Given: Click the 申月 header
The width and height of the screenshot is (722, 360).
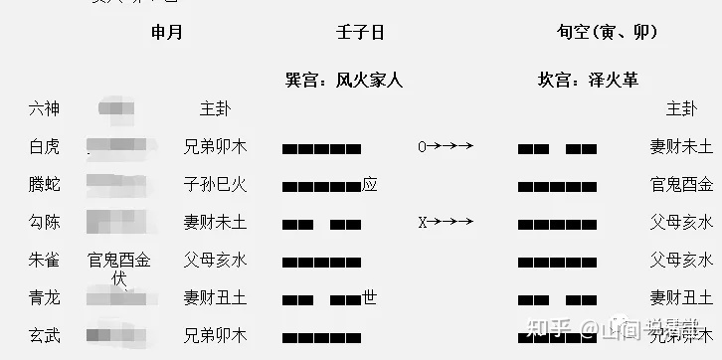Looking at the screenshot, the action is tap(166, 32).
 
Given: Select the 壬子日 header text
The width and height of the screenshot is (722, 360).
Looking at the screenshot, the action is tap(360, 32).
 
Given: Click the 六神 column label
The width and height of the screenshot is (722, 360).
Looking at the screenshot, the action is tap(45, 108).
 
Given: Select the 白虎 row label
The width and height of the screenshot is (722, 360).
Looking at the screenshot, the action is tap(45, 147).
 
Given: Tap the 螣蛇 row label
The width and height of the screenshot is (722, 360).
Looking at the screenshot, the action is tap(45, 184).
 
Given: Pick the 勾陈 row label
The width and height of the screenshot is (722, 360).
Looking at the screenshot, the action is tap(45, 222).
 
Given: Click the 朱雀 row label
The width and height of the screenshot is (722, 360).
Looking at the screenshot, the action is tap(45, 261).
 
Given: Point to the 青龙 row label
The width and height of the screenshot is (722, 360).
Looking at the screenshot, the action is tap(45, 297).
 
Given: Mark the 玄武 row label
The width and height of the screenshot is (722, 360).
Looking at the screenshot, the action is tap(45, 335).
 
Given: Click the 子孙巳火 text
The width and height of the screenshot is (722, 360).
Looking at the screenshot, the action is tap(215, 184).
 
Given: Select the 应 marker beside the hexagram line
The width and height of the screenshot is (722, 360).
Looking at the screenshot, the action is tap(370, 184).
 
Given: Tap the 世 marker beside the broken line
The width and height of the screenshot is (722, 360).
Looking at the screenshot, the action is tap(370, 296).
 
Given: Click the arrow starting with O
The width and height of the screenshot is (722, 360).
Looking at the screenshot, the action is tap(445, 147).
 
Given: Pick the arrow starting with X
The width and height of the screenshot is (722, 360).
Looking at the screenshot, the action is tap(445, 222).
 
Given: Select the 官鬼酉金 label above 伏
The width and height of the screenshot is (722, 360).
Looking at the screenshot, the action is tap(119, 261).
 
